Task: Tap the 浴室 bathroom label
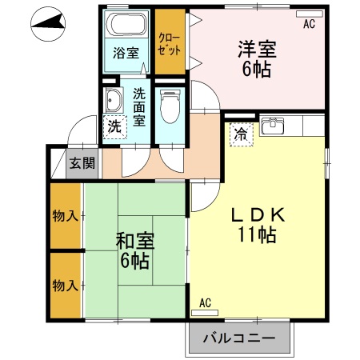click(125, 53)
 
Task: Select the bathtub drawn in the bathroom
click(126, 25)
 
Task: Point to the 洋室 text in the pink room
click(257, 49)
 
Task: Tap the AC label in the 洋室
click(309, 24)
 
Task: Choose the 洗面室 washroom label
click(140, 106)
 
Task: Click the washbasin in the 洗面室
click(114, 102)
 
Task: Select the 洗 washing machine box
click(115, 126)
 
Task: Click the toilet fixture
click(169, 103)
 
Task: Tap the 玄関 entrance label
click(81, 163)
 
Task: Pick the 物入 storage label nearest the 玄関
click(65, 215)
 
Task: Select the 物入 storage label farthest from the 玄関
click(65, 285)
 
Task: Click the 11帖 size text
click(256, 236)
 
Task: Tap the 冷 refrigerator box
click(239, 134)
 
